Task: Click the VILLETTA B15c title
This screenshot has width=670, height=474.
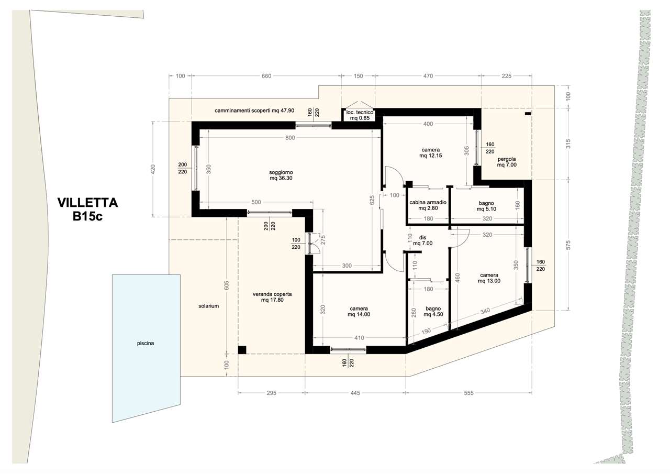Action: (x=87, y=209)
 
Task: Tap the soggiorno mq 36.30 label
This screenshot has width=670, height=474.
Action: (x=281, y=175)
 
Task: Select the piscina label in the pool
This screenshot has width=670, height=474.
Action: (x=146, y=343)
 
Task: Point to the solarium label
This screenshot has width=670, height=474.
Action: (x=208, y=306)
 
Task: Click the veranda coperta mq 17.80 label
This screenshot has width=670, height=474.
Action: (x=272, y=297)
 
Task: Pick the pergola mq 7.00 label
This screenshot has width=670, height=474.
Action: (x=507, y=162)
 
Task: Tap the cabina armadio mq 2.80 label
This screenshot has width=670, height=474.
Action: (x=428, y=205)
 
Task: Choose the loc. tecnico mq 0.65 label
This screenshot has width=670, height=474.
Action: (x=360, y=115)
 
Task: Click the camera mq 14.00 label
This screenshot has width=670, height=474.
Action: (x=359, y=312)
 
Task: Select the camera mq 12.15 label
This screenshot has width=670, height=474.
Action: (x=431, y=152)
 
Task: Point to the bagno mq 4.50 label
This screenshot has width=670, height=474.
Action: (x=433, y=312)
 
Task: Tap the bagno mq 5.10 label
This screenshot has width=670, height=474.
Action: (x=486, y=206)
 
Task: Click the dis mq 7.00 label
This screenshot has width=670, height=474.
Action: (x=422, y=240)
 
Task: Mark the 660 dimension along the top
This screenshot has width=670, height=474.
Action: (x=266, y=76)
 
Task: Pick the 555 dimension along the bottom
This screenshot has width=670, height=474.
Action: (x=468, y=393)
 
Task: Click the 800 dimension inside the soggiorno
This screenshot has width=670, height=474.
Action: (x=290, y=138)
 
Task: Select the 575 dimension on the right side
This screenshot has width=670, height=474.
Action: (x=568, y=245)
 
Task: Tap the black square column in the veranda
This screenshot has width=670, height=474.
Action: (x=242, y=350)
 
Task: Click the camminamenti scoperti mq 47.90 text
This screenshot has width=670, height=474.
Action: (x=254, y=111)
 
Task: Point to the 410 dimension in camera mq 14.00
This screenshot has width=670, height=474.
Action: (x=359, y=338)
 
